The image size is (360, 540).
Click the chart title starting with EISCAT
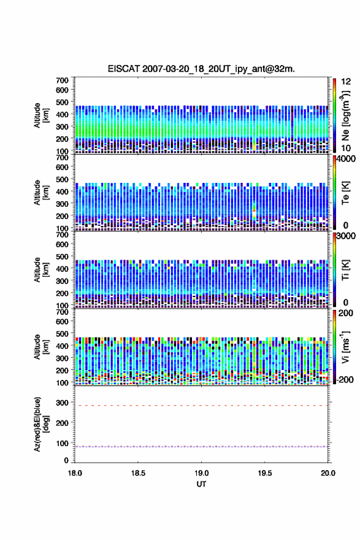201,69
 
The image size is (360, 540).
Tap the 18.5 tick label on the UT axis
138,473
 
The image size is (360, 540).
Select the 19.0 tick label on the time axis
201,473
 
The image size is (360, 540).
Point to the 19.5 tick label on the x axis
265,473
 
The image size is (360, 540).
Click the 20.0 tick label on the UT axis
328,473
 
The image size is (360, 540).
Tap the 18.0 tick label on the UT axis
75,473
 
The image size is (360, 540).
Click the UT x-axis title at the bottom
201,484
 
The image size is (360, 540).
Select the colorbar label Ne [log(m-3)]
346,116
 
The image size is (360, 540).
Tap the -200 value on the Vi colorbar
343,379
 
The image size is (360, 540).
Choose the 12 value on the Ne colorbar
346,82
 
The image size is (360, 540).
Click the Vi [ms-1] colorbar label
345,347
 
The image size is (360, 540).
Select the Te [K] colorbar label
345,193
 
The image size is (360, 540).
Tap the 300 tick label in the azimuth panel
63,403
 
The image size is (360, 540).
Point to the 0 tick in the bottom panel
66,460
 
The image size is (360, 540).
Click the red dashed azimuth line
201,406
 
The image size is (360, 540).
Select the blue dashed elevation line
201,447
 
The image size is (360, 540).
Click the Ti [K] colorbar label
345,270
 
